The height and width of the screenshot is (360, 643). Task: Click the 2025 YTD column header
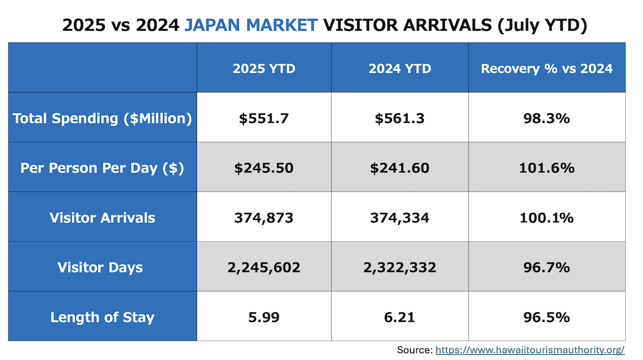264,69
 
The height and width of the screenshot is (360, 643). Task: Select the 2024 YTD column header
400,69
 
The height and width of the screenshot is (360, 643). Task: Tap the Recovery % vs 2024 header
547,69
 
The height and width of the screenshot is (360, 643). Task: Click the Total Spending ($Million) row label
102,118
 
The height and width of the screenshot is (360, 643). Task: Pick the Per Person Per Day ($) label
102,168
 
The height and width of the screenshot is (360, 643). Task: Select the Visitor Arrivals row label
102,218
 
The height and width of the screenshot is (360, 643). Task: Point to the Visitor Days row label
100,268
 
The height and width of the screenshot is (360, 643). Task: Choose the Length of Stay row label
102,317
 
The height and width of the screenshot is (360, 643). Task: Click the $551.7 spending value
264,118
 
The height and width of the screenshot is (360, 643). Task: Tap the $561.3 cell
400,118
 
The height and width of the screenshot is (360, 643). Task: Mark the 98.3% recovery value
547,118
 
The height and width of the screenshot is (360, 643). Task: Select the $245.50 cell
264,168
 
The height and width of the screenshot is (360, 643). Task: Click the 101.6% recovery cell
547,168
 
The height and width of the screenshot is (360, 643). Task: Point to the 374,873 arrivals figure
264,218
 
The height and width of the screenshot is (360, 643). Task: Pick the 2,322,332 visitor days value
400,268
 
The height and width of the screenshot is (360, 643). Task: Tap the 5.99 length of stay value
264,317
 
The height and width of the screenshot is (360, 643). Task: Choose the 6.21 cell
400,317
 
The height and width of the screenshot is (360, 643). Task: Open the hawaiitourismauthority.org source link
529,350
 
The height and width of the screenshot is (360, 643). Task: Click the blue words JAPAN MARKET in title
251,25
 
